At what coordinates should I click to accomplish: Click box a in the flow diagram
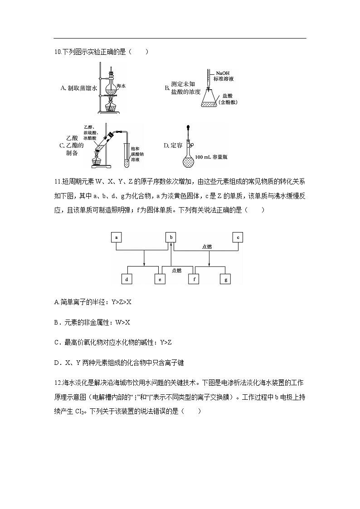pos(117,237)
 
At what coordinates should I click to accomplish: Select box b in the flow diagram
pos(171,237)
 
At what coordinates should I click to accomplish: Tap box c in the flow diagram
pos(238,237)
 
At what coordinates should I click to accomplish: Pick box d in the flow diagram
pos(127,280)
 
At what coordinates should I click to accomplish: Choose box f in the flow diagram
pos(194,280)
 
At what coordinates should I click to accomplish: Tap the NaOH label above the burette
pos(223,73)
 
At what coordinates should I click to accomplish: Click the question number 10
pos(57,52)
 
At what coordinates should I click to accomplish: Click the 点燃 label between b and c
pos(207,247)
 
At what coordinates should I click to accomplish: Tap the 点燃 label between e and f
pos(177,270)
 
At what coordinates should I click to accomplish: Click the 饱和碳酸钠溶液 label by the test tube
pos(136,154)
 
